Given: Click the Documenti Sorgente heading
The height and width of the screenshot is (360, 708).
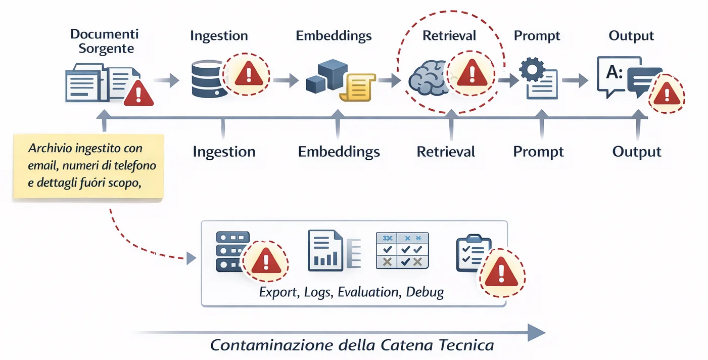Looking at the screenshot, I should (x=104, y=41).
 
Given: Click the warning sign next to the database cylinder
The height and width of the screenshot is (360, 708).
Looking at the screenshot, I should (x=247, y=75).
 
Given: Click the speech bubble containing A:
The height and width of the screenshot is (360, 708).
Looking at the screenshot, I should (x=613, y=74).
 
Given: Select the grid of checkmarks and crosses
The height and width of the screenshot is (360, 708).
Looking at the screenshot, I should (x=402, y=250).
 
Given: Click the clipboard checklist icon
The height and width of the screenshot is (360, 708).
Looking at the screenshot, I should (x=470, y=253).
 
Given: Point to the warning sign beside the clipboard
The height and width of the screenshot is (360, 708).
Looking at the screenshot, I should (x=501, y=273).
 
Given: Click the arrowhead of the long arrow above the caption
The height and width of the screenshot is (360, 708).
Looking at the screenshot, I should (x=536, y=333).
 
